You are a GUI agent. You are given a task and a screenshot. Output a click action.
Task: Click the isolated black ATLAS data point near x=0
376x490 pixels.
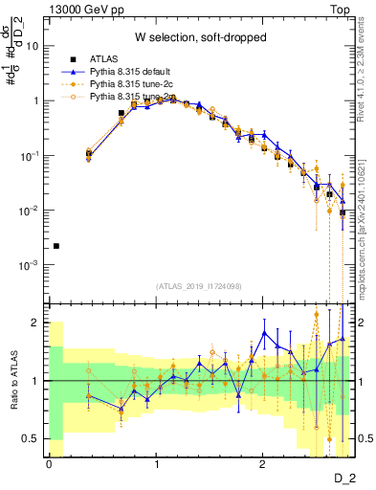(x=55, y=246)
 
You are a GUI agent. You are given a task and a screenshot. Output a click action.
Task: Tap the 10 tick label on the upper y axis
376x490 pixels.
(x=32, y=45)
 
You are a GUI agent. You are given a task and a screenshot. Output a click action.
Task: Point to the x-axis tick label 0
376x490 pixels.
(x=48, y=463)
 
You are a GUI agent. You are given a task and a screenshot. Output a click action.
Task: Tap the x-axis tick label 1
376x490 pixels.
(x=156, y=463)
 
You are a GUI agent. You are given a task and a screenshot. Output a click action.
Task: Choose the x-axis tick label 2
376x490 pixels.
(x=263, y=463)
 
